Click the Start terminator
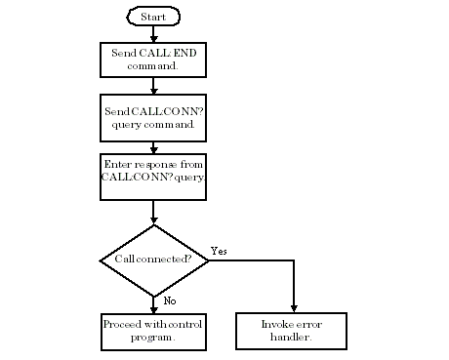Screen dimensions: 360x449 point(153,18)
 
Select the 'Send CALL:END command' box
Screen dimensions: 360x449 point(153,60)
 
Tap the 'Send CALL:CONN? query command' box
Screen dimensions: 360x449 point(153,117)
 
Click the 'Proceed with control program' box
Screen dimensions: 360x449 point(153,331)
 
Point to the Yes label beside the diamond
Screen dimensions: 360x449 point(220,251)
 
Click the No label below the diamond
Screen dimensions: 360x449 point(170,301)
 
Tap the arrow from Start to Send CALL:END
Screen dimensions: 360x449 point(153,33)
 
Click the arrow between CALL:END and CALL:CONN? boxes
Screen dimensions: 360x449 point(153,86)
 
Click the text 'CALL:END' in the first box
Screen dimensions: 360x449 point(164,53)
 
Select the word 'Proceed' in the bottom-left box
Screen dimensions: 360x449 point(124,324)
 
